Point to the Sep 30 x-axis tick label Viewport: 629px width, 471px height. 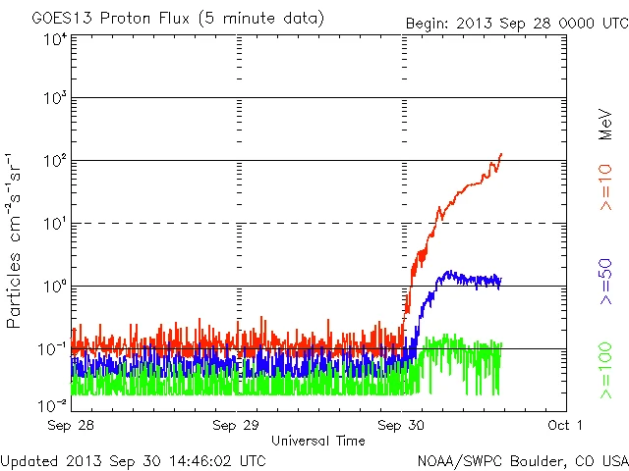(x=402, y=425)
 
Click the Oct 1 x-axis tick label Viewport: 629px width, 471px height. (x=564, y=425)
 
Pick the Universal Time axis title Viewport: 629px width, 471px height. (x=317, y=441)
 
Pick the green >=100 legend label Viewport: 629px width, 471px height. (x=606, y=370)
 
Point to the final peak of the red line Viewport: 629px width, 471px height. (x=501, y=154)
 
